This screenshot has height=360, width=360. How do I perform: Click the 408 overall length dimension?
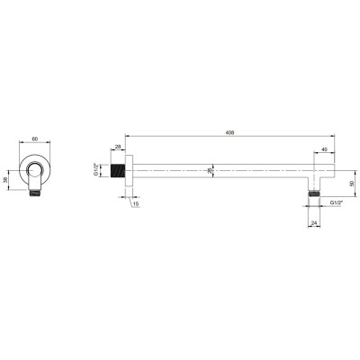230,132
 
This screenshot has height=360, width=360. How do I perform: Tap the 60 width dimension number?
35,139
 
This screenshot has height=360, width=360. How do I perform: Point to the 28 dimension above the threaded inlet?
118,147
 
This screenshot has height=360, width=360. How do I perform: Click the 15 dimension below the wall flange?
136,204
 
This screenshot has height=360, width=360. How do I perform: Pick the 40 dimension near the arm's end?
324,149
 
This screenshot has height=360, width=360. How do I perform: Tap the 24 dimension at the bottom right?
314,223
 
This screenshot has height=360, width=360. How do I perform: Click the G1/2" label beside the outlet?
337,202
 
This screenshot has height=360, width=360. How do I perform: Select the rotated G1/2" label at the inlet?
96,170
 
